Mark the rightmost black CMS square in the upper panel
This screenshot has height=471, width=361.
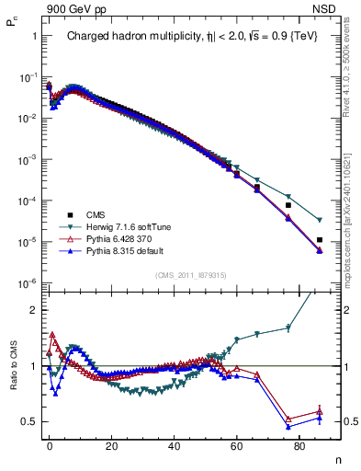[319, 240]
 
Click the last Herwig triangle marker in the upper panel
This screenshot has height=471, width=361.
[319, 220]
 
